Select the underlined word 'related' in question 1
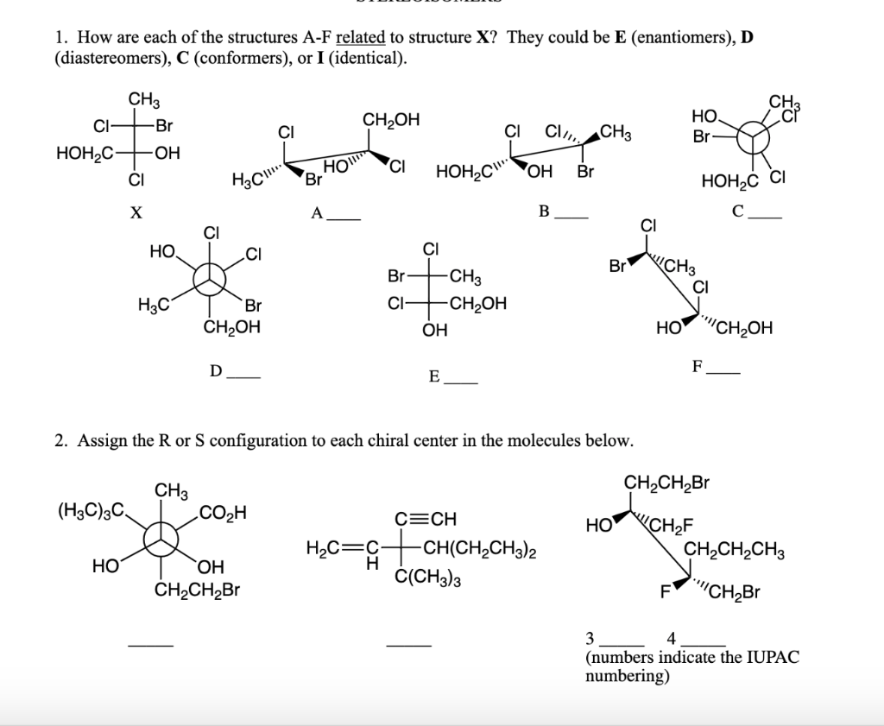click(360, 38)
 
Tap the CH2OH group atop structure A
click(391, 120)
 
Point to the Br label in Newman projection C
click(701, 137)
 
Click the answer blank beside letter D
click(243, 377)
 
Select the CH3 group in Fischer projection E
click(466, 278)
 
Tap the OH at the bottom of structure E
click(434, 330)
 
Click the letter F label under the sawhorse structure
click(696, 367)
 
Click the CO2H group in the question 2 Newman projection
click(223, 515)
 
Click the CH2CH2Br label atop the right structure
click(666, 482)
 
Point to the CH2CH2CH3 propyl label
click(734, 550)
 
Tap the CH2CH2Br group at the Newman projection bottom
click(196, 591)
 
